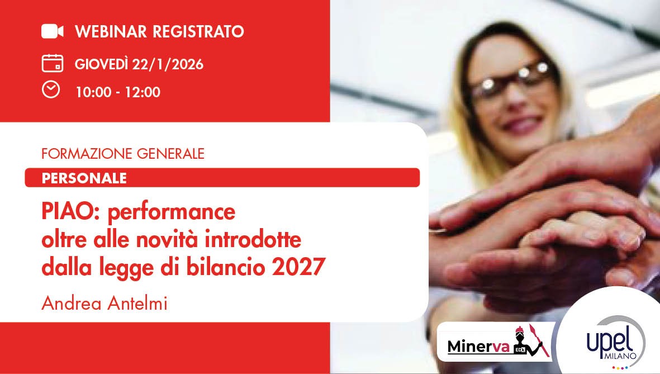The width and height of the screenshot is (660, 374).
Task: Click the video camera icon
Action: (x=53, y=31)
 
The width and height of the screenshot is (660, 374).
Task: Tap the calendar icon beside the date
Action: (x=52, y=63)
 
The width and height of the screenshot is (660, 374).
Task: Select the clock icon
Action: (x=51, y=89)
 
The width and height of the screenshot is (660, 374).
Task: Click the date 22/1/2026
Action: (x=168, y=65)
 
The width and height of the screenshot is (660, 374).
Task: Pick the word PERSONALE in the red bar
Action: (x=84, y=178)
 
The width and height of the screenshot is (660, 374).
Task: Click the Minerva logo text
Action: (x=478, y=347)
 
